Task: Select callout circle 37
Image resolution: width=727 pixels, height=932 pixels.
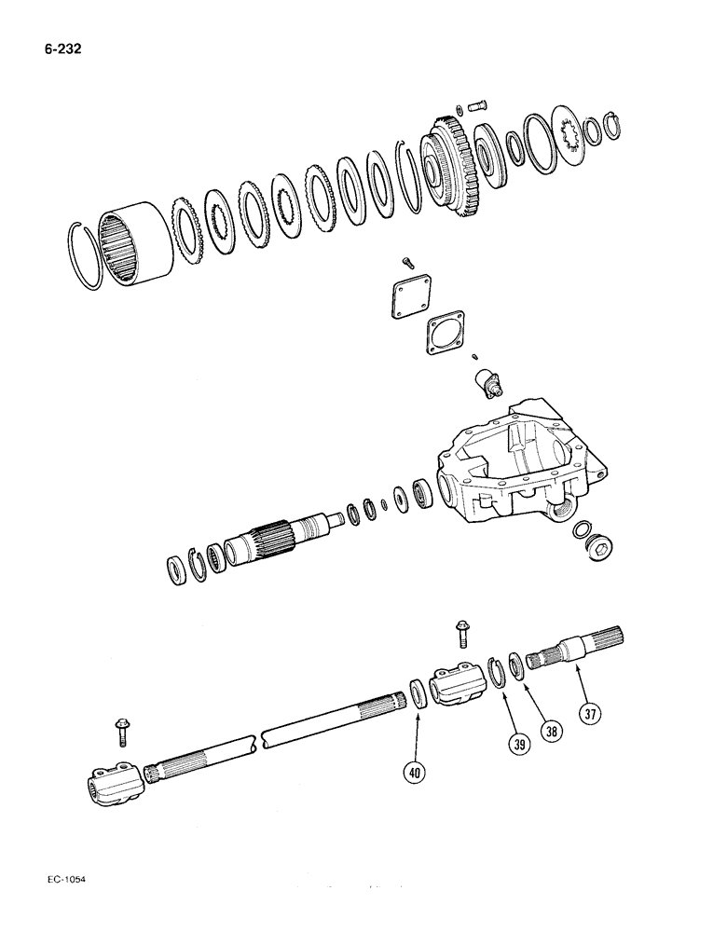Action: tap(588, 715)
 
